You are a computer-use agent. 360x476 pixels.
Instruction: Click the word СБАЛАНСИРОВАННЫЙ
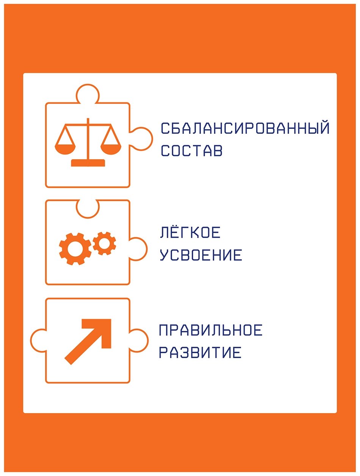(245, 128)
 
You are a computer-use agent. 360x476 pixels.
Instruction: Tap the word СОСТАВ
(191, 150)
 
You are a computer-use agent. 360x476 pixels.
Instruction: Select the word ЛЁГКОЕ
(190, 233)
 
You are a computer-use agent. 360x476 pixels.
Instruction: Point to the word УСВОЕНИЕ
(201, 255)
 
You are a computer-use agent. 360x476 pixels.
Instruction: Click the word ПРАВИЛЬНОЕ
(211, 330)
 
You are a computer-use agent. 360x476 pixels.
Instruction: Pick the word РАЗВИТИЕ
(200, 352)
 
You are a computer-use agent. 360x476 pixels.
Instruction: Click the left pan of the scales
(65, 149)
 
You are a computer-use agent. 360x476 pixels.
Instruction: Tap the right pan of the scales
(111, 149)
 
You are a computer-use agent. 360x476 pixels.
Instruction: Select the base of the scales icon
(88, 163)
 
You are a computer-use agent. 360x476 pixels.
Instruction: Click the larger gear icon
(75, 249)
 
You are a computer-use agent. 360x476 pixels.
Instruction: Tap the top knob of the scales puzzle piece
(88, 93)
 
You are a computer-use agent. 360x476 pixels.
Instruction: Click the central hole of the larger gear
(75, 249)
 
